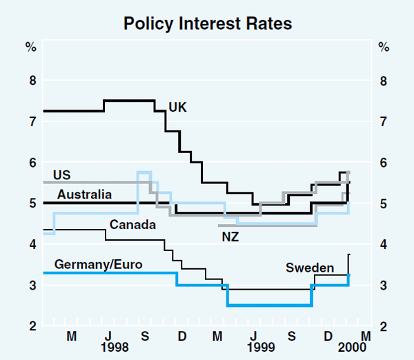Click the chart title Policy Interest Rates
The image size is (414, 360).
pyautogui.click(x=208, y=23)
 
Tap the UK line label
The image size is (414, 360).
pyautogui.click(x=177, y=107)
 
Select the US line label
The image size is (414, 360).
pyautogui.click(x=62, y=174)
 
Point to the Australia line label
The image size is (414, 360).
pyautogui.click(x=84, y=194)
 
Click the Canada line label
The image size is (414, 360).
pyautogui.click(x=132, y=225)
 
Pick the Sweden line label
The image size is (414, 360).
pyautogui.click(x=310, y=268)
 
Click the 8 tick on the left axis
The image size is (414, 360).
pyautogui.click(x=31, y=81)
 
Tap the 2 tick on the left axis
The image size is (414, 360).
pyautogui.click(x=31, y=326)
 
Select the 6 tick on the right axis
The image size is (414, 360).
pyautogui.click(x=384, y=163)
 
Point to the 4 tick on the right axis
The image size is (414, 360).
pyautogui.click(x=384, y=244)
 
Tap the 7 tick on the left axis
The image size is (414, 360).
pyautogui.click(x=31, y=121)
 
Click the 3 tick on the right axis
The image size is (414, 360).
pyautogui.click(x=384, y=286)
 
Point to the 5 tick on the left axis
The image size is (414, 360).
pyautogui.click(x=31, y=203)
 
